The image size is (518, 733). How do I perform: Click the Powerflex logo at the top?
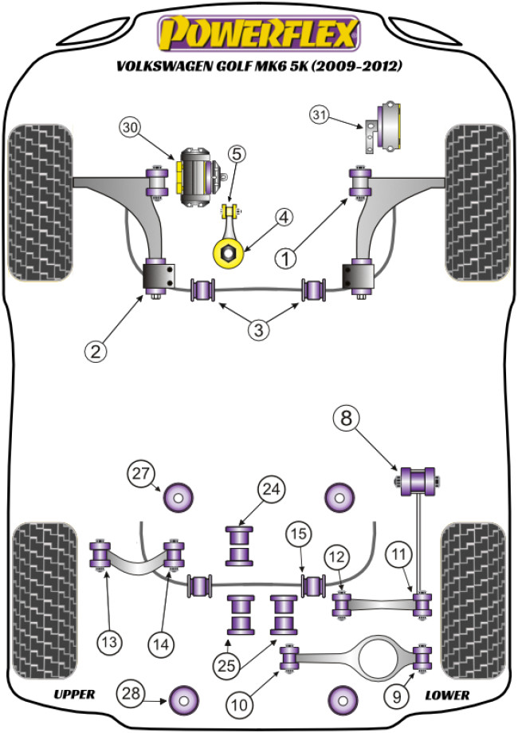(x=259, y=34)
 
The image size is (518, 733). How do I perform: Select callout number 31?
(x=320, y=117)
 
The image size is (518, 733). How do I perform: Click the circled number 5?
(x=237, y=154)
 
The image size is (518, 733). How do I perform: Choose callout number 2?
(x=97, y=349)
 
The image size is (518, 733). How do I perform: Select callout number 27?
(x=141, y=475)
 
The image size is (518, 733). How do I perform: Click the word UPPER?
(x=75, y=694)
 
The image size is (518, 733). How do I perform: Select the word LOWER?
(x=446, y=694)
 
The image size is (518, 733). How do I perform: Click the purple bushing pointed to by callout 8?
(x=417, y=481)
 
